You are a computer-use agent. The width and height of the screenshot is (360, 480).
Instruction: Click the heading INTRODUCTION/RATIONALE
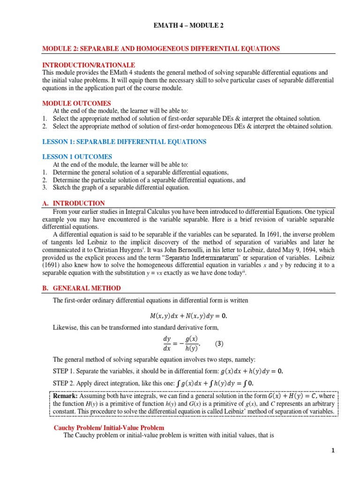[x=89, y=65]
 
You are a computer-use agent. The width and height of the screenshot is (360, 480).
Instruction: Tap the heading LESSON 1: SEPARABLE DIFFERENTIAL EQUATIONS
[x=124, y=142]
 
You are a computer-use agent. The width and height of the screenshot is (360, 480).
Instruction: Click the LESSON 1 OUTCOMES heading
[x=77, y=157]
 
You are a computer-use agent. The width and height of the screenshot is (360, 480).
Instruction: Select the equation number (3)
[x=219, y=344]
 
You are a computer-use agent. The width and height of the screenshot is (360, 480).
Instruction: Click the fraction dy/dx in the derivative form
[x=167, y=343]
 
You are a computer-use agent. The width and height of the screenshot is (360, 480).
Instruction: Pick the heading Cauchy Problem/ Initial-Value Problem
[x=109, y=427]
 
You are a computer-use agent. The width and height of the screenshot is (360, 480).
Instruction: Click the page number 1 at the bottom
[x=333, y=451]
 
